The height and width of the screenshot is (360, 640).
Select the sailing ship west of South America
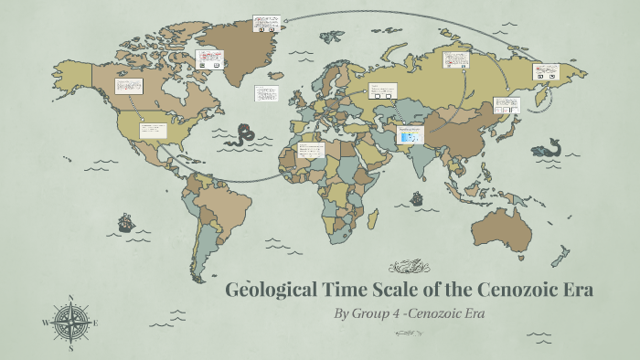pos(124,222)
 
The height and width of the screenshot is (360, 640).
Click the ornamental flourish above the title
pos(410,268)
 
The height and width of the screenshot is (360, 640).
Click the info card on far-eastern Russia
pos(546,71)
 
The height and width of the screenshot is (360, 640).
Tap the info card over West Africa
pos(311,150)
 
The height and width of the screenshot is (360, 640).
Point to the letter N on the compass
pos(71,298)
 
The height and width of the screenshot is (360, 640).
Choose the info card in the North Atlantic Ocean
pos(267,93)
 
